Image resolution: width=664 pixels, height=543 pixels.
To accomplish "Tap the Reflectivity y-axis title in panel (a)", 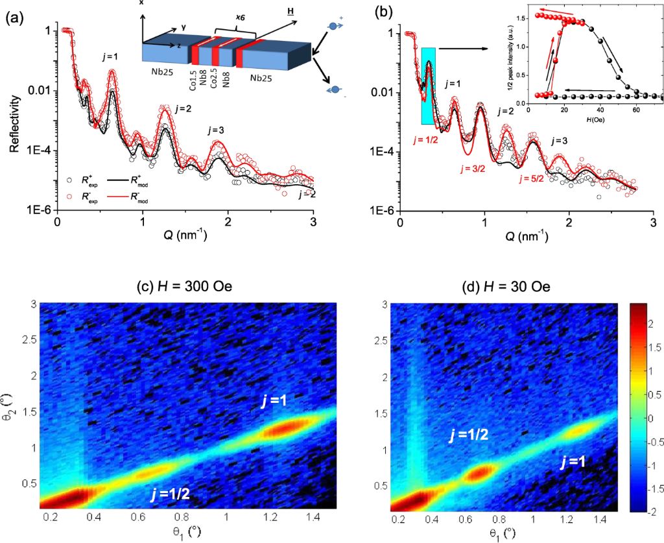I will [x=14, y=123].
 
